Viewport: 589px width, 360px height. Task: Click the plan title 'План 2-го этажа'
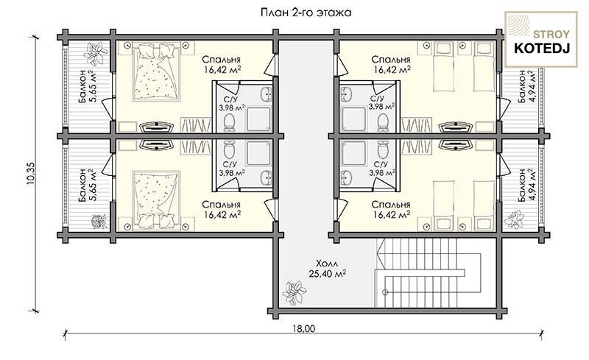coord(306,13)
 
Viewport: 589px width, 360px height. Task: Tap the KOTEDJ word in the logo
coord(541,48)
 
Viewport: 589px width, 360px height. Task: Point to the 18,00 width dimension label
coord(304,328)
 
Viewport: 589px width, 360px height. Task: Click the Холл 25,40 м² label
coord(328,268)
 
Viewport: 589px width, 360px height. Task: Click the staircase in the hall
coord(428,274)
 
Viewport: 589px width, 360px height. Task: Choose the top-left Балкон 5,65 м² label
coord(88,86)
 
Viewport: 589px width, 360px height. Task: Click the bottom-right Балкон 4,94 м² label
coord(526,185)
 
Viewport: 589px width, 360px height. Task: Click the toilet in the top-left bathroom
coord(229,123)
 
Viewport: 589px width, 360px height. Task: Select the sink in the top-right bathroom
coord(346,94)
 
